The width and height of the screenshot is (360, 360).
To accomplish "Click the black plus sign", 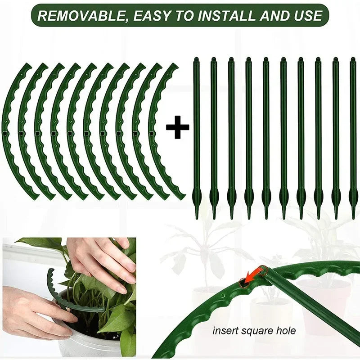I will pos(177,129).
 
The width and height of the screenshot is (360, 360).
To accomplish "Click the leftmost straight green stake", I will pos(197,135).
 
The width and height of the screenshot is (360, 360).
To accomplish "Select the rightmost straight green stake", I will pos(353,135).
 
